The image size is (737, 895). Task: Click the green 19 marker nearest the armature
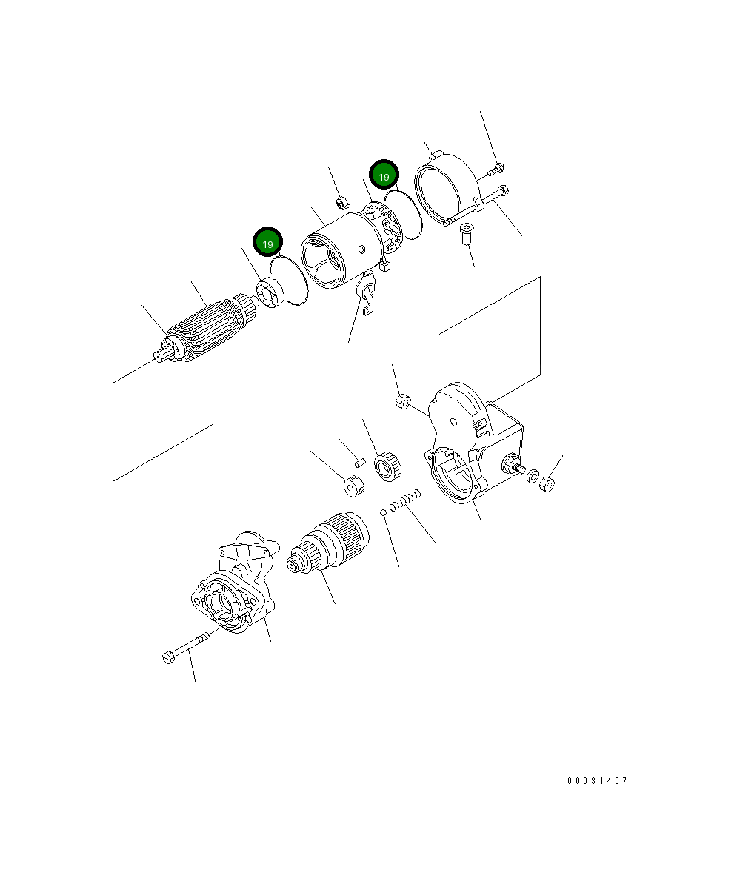pyautogui.click(x=268, y=242)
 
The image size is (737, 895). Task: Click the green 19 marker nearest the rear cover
pyautogui.click(x=384, y=175)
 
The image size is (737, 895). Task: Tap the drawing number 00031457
pyautogui.click(x=597, y=781)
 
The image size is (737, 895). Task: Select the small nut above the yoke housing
pyautogui.click(x=341, y=202)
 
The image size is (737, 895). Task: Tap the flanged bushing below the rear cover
pyautogui.click(x=466, y=232)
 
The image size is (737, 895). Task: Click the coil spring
pyautogui.click(x=406, y=501)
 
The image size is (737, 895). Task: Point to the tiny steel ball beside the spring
pyautogui.click(x=382, y=512)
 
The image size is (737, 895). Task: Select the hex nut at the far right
pyautogui.click(x=547, y=485)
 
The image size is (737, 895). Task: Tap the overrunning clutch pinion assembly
pyautogui.click(x=327, y=543)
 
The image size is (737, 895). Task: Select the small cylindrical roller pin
pyautogui.click(x=360, y=462)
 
